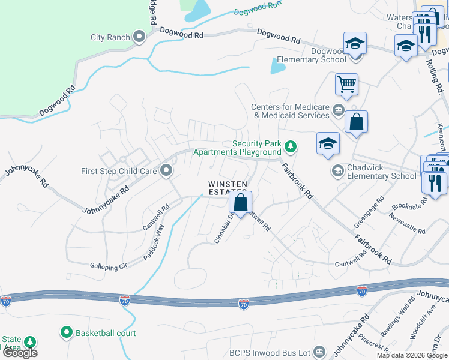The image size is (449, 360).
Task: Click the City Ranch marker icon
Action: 139,38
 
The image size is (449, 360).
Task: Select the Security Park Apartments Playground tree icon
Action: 291,146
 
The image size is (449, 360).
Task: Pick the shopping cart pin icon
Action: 346,84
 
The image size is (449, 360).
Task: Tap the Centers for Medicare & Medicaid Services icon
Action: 338,110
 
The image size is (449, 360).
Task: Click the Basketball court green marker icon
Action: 66,332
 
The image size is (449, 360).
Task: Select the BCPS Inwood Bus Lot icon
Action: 319,352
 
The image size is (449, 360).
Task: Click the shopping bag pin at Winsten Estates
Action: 240,203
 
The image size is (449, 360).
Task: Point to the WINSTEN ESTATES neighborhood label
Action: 229,188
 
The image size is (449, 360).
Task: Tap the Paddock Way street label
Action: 154,241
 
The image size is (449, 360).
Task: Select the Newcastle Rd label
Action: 407,222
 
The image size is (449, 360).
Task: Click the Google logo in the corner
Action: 20,353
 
